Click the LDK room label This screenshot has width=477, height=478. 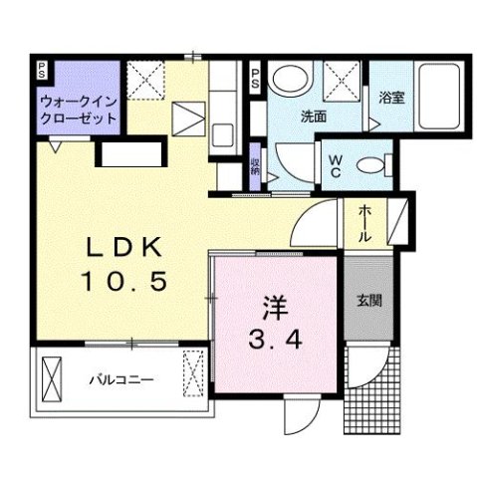(123, 247)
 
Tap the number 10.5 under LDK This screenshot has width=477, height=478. (123, 282)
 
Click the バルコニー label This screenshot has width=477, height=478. (117, 379)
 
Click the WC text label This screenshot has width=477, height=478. (335, 165)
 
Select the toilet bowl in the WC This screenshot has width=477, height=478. (372, 165)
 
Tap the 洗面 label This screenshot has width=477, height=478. (315, 117)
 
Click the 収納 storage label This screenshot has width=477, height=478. (255, 168)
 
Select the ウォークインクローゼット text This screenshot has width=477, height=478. (78, 110)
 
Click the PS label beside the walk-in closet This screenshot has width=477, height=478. (42, 70)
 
